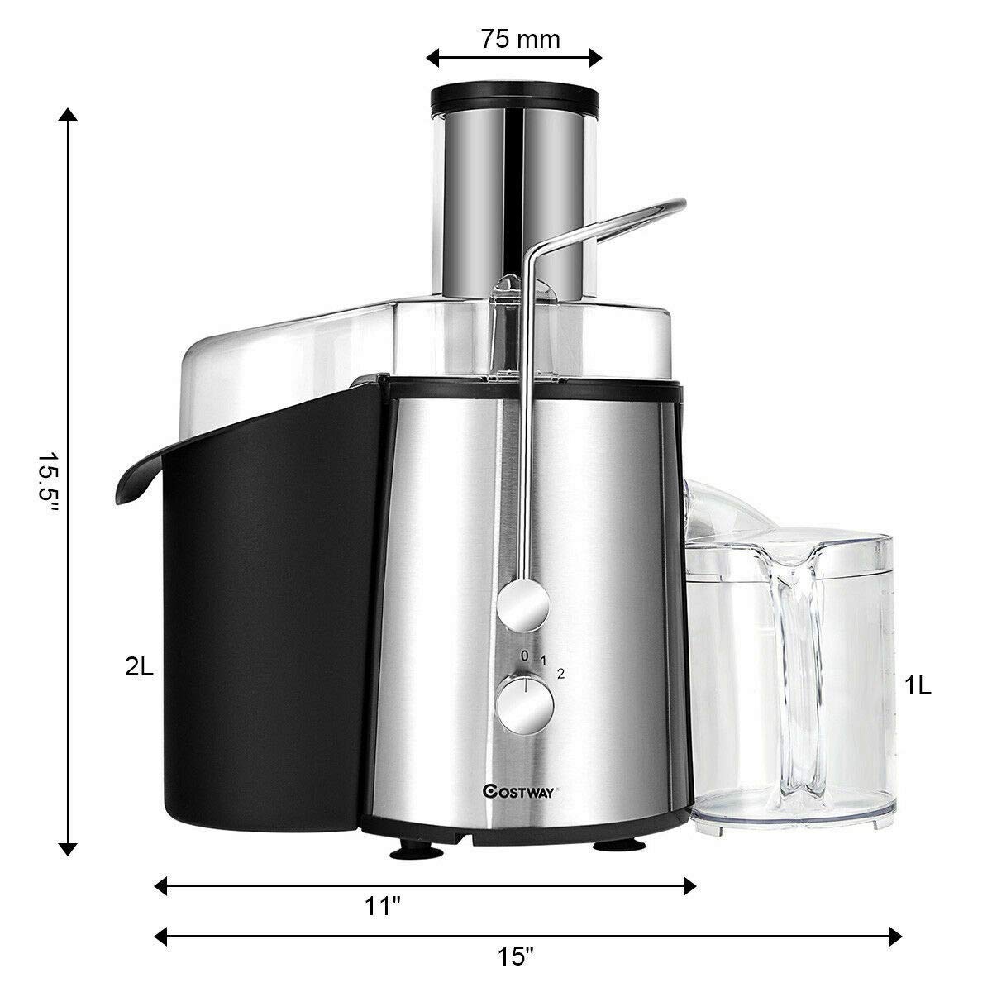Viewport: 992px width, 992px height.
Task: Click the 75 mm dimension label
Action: [513, 40]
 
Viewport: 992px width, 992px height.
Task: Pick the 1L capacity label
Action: [918, 686]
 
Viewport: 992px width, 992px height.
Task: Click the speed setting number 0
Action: [523, 656]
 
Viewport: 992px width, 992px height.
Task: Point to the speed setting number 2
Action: [561, 673]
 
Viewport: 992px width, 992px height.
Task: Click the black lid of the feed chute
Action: [513, 98]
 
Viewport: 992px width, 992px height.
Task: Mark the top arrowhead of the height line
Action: [69, 116]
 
